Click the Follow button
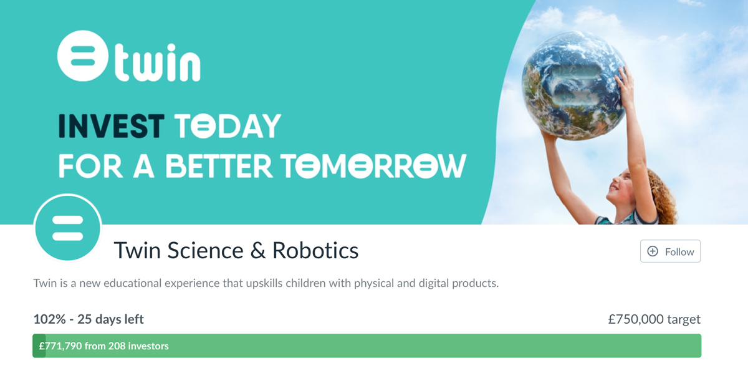(670, 251)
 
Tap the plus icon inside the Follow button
(653, 251)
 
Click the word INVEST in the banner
(111, 126)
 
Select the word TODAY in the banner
(228, 126)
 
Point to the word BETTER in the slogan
(219, 166)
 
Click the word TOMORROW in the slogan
(373, 166)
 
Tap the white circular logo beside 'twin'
(83, 56)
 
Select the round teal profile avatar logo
(68, 228)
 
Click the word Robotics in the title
(315, 250)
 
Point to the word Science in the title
(205, 250)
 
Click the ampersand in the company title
(258, 251)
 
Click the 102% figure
(49, 319)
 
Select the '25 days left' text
(110, 319)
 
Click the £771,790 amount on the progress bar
(60, 346)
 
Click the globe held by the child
(573, 85)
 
